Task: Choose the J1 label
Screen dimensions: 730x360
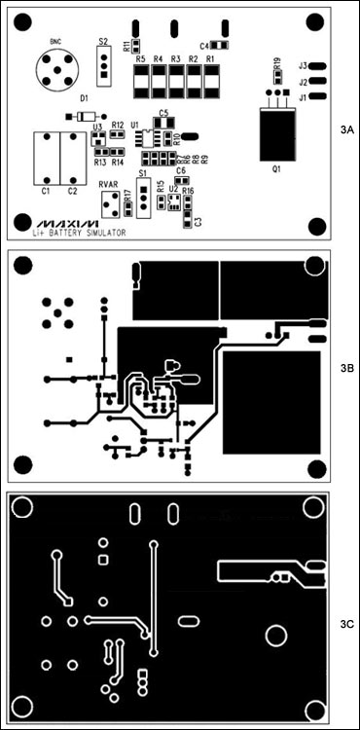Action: point(303,97)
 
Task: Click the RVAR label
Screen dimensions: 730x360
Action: point(109,181)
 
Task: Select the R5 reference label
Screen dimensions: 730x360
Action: point(141,59)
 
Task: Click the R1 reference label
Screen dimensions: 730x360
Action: point(210,59)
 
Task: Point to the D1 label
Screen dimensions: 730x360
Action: point(84,99)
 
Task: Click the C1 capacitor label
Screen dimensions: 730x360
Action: point(46,192)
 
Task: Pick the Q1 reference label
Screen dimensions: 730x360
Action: point(276,169)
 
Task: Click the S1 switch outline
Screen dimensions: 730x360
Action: point(143,194)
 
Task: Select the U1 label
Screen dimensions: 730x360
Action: point(134,126)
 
